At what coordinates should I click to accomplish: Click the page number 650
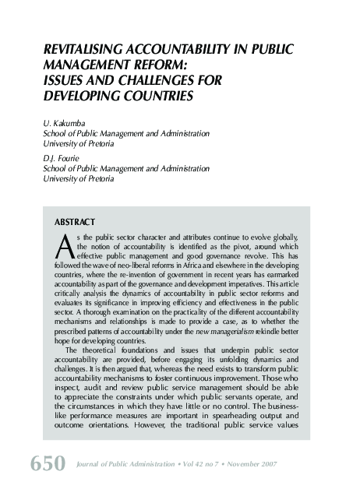pos(47,464)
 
